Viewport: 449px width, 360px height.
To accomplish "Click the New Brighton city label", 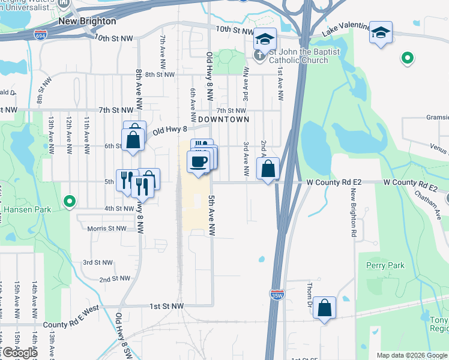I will pos(87,21).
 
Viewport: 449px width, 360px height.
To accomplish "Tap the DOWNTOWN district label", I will pos(223,119).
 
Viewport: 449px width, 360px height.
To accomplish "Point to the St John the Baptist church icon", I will pos(259,57).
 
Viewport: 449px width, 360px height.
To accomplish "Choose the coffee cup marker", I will pos(197,161).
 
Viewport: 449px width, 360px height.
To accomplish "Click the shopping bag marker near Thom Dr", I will pos(324,308).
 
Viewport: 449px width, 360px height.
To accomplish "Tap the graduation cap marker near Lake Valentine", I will pos(381,32).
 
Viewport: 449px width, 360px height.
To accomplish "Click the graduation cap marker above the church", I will pos(264,38).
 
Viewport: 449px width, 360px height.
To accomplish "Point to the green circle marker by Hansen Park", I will pos(70,202).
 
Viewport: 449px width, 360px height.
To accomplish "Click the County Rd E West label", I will pos(71,325).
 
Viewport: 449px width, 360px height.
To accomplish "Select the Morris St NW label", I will pos(107,229).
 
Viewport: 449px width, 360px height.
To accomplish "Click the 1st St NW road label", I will pos(167,306).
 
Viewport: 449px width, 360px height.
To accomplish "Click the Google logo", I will pos(19,353).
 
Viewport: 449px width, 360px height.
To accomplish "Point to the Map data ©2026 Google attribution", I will pos(412,355).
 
